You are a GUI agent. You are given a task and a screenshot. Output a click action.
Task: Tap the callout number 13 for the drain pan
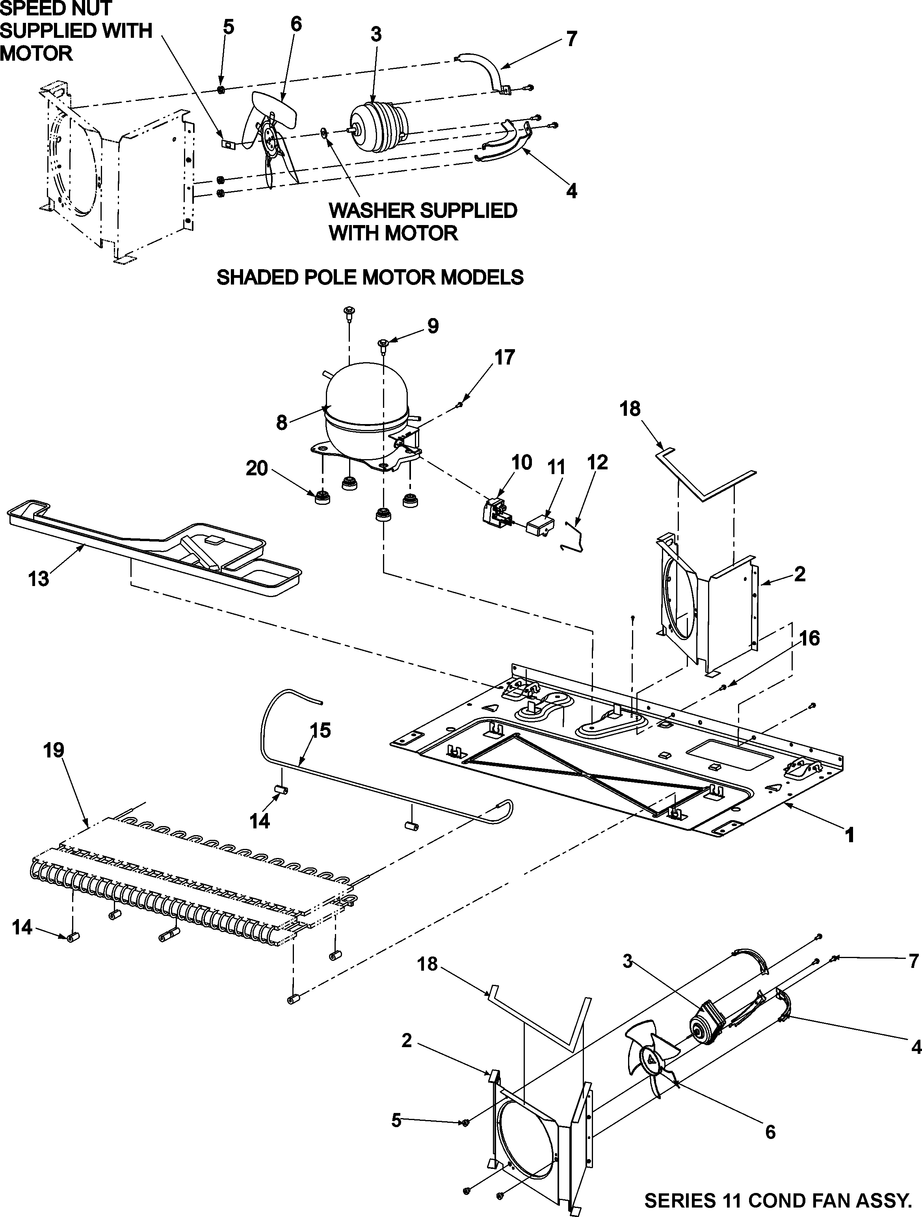tap(39, 579)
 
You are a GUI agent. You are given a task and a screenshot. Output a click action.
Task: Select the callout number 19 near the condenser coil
tap(54, 750)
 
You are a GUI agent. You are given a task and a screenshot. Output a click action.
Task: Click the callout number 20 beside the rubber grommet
tap(257, 469)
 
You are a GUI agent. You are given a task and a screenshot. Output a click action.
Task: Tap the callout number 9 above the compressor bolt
tap(433, 326)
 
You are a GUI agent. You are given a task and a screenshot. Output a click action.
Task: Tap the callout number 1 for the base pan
tap(850, 836)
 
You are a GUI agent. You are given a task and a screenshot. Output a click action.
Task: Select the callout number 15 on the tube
tap(320, 731)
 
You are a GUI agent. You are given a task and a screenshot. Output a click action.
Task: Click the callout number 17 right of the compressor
tap(504, 357)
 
